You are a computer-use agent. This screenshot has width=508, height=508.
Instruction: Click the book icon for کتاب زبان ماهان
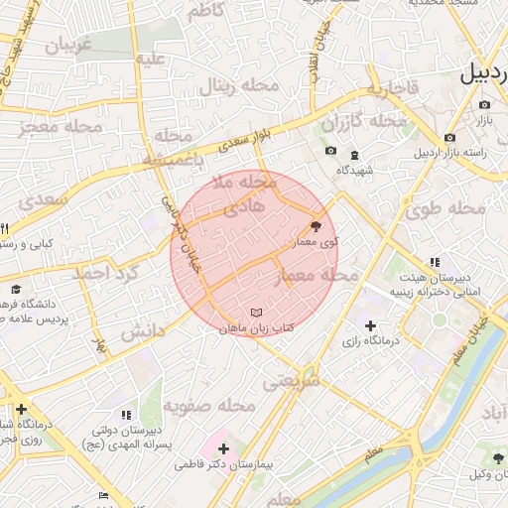click(258, 313)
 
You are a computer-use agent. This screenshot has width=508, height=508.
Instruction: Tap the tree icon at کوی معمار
click(317, 225)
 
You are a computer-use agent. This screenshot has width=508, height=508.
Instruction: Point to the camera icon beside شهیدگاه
click(330, 151)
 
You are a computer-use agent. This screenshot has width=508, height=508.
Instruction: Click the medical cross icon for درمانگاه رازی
click(370, 325)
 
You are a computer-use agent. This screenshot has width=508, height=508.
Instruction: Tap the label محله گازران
click(365, 122)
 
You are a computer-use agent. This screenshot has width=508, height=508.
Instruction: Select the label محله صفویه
click(201, 406)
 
